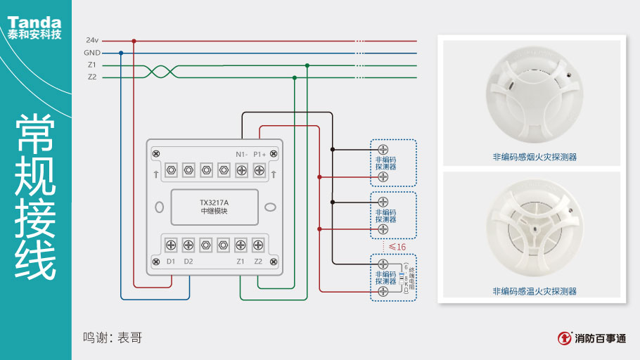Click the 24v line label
click(x=92, y=41)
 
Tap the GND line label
click(x=92, y=53)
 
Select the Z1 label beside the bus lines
click(x=92, y=65)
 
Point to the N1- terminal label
click(x=241, y=154)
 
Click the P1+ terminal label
click(x=260, y=154)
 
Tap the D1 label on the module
click(x=171, y=262)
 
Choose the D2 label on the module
click(x=188, y=262)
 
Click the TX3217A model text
click(x=214, y=203)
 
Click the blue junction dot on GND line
click(x=121, y=53)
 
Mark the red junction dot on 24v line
click(x=134, y=41)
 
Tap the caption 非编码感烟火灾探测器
click(x=535, y=157)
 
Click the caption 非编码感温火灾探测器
click(x=535, y=291)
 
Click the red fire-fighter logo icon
click(x=564, y=338)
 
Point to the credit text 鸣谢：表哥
click(x=113, y=337)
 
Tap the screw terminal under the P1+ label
click(x=259, y=169)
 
